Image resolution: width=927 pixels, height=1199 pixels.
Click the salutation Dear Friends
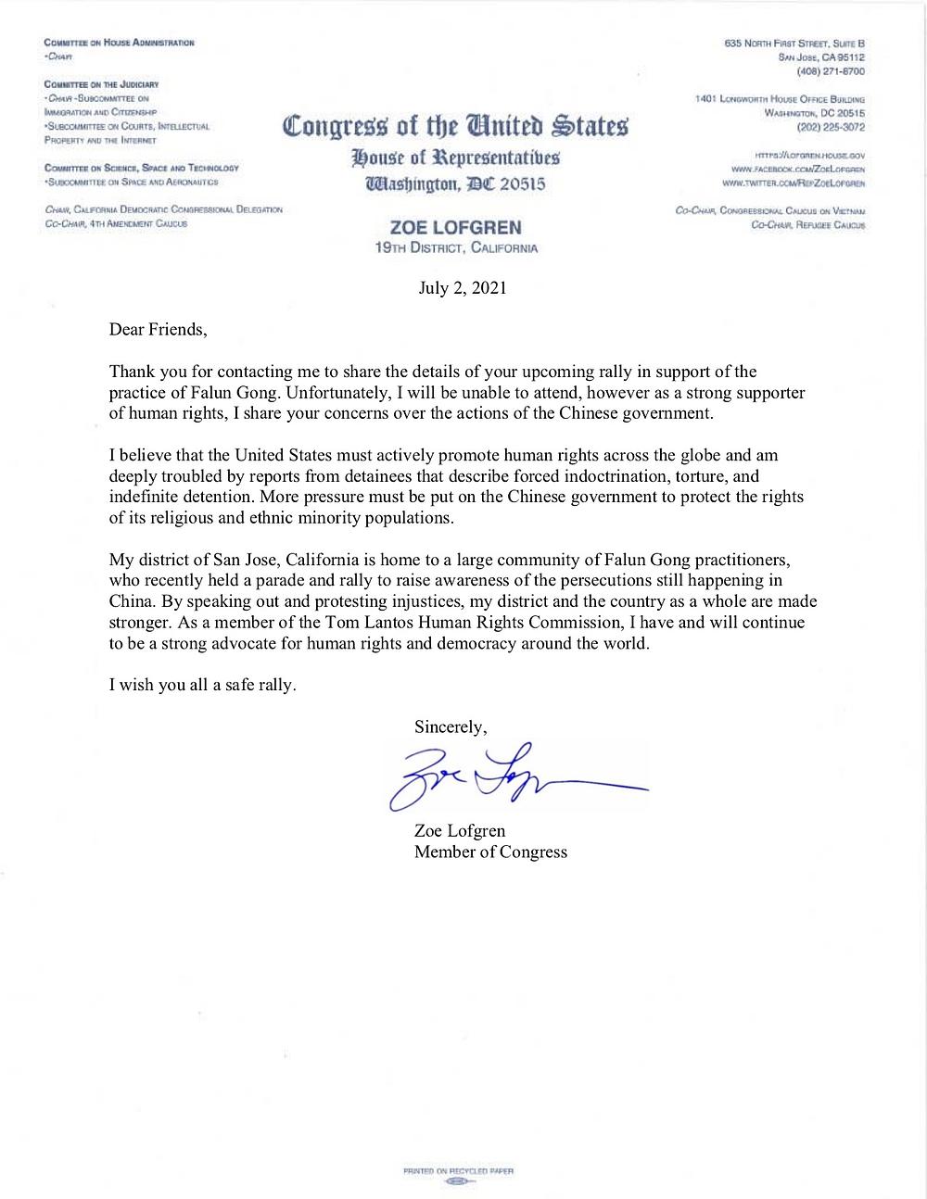pyautogui.click(x=153, y=328)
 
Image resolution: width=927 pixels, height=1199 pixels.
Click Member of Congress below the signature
pyautogui.click(x=490, y=852)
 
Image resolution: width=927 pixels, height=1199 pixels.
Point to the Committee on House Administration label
pyautogui.click(x=119, y=44)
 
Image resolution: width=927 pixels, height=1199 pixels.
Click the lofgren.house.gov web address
pyautogui.click(x=810, y=158)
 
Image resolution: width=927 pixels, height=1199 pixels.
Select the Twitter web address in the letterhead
pyautogui.click(x=797, y=183)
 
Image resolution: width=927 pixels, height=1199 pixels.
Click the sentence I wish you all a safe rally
pyautogui.click(x=202, y=686)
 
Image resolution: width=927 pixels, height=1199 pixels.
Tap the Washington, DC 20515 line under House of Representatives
pyautogui.click(x=455, y=183)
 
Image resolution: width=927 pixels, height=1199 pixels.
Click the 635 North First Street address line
pyautogui.click(x=794, y=44)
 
